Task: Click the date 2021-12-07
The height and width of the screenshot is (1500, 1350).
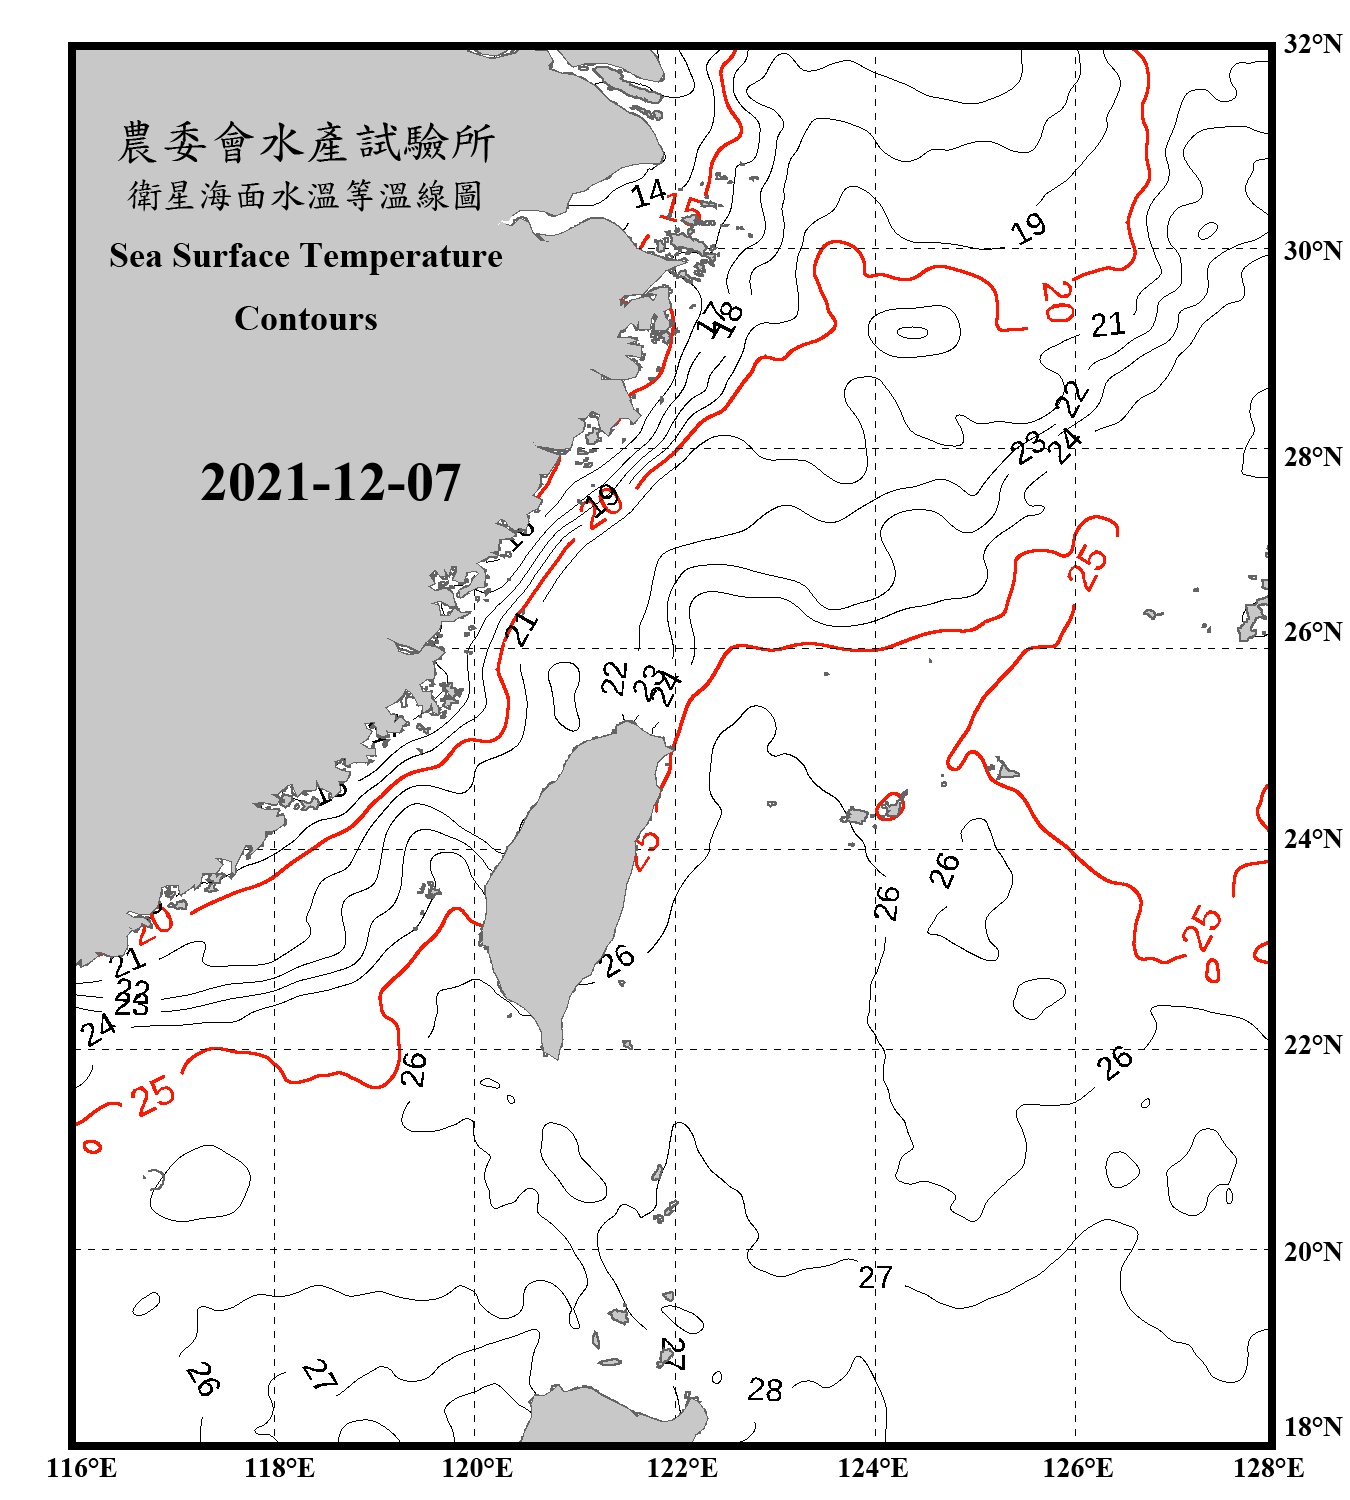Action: tap(330, 483)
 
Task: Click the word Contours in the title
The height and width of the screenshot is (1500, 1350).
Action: tap(306, 319)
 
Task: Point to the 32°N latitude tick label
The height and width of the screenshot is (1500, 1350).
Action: tap(1312, 44)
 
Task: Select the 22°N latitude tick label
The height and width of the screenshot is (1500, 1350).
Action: tap(1312, 1045)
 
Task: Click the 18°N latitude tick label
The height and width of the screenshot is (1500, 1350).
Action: tap(1312, 1427)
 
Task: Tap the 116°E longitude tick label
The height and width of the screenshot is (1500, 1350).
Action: tap(82, 1468)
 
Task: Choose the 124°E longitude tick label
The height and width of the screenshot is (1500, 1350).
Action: tap(873, 1468)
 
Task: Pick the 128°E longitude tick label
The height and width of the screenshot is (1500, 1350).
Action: tap(1268, 1468)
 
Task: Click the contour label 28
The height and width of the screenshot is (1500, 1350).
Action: tap(765, 1390)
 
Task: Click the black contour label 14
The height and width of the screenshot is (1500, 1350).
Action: tap(648, 193)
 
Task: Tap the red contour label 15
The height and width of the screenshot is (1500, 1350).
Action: tap(682, 210)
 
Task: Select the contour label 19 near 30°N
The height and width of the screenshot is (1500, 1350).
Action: tap(1028, 229)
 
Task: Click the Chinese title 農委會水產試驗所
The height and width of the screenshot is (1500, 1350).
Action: tap(306, 143)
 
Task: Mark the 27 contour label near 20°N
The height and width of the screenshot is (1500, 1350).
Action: tap(875, 1277)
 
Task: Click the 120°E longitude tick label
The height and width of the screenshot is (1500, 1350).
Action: tap(477, 1468)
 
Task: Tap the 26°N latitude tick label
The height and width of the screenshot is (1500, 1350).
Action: tap(1312, 632)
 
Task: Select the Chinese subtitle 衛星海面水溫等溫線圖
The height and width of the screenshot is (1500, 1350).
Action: tap(306, 195)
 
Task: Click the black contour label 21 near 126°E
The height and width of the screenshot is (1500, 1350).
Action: tap(1107, 325)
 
